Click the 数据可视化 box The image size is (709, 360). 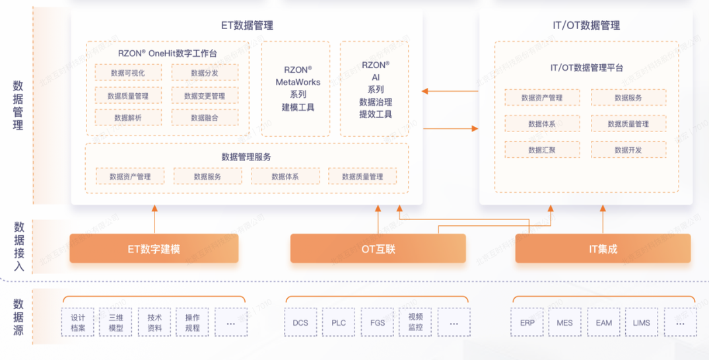[128, 73]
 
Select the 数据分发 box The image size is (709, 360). [205, 73]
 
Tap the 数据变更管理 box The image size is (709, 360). [205, 96]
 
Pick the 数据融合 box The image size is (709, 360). [205, 118]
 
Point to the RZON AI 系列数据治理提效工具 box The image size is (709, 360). [375, 89]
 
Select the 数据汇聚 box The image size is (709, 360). [542, 150]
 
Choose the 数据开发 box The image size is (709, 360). [628, 150]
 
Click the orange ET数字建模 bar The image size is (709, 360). [154, 249]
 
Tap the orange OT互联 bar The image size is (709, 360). [378, 249]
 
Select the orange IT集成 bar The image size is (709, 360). [603, 249]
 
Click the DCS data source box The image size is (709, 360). [300, 323]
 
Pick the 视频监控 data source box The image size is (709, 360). [416, 323]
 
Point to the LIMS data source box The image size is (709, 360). [641, 323]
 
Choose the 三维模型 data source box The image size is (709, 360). [116, 323]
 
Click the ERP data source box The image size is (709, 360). [527, 323]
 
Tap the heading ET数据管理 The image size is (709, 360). [247, 26]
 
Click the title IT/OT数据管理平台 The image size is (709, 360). [586, 67]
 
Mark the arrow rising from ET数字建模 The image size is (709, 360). [154, 219]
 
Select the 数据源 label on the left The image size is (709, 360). [18, 317]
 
